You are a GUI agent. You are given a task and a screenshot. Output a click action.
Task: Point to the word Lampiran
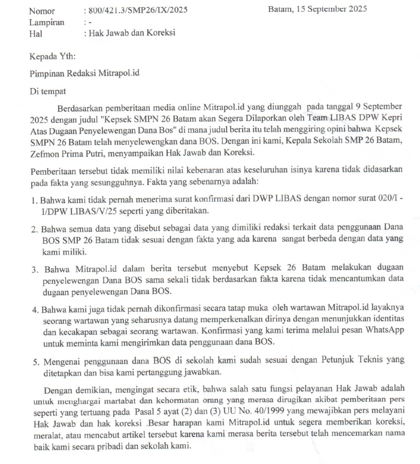[47, 22]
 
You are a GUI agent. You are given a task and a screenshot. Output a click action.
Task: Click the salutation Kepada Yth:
[53, 57]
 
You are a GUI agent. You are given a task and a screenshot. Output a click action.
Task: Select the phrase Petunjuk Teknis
[327, 362]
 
